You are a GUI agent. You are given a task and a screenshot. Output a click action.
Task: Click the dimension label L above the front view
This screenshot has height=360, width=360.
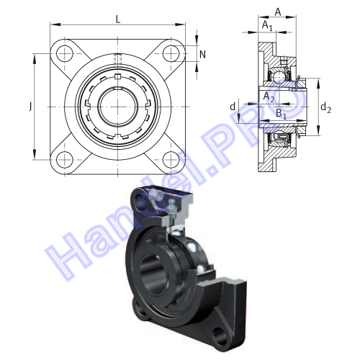[118, 19]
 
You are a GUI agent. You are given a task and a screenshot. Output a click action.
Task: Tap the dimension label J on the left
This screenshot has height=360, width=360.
[30, 106]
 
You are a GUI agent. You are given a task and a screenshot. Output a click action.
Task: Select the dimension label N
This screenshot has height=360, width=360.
[202, 55]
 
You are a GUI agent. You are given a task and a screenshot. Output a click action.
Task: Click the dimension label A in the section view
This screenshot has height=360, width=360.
[278, 12]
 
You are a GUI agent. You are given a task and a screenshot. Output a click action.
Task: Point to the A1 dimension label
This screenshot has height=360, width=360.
[267, 25]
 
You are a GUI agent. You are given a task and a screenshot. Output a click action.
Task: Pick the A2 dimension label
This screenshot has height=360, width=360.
[269, 97]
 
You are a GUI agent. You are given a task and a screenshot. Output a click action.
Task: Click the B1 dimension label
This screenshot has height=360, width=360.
[281, 113]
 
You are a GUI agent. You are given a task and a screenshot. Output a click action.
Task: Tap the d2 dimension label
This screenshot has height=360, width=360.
[325, 107]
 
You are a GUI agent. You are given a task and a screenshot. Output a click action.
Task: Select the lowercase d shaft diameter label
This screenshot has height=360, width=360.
[233, 107]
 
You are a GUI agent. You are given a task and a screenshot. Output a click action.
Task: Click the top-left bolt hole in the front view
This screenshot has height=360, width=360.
[64, 53]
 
